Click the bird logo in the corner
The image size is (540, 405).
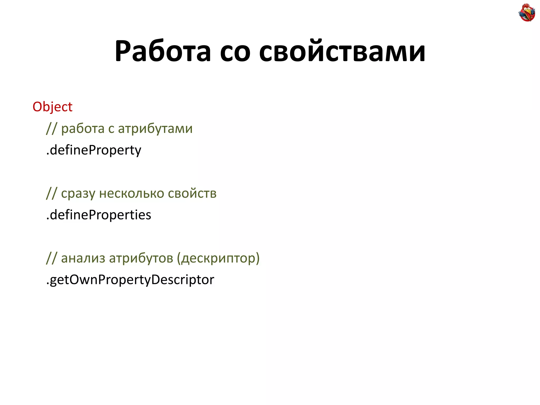point(527,12)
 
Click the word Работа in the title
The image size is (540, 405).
point(163,51)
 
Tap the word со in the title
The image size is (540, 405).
point(235,51)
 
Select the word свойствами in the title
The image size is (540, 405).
point(342,51)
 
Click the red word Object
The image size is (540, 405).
point(52,107)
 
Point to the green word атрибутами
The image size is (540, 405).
point(155,129)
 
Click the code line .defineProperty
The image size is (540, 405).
point(94,150)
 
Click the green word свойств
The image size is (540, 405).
point(192,194)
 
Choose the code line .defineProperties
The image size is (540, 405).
point(99,215)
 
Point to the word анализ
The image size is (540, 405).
point(83,258)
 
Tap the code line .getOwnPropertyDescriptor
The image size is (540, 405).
point(130,280)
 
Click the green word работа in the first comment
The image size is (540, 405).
point(83,129)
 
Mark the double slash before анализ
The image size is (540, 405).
point(51,258)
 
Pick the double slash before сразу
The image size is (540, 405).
point(51,194)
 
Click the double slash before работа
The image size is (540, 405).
point(51,129)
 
